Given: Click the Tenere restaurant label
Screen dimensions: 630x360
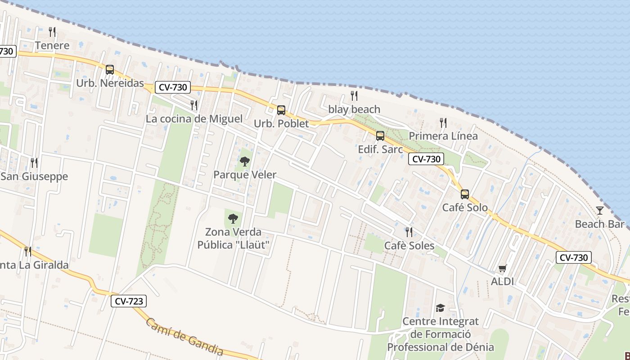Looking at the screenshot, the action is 52,45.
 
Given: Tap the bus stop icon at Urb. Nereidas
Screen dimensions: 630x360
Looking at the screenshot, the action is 110,70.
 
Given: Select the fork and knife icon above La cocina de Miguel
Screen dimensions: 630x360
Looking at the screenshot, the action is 194,105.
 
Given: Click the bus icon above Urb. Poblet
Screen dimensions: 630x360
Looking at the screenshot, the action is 281,110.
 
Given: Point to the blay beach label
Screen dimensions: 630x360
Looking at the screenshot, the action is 354,109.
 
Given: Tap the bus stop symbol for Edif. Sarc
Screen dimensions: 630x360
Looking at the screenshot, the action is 380,135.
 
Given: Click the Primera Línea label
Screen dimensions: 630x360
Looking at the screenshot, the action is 443,136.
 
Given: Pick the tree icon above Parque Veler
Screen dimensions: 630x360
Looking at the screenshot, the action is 245,161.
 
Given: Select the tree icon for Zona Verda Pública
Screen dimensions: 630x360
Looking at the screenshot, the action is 233,219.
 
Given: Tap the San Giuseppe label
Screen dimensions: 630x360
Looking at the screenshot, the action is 34,176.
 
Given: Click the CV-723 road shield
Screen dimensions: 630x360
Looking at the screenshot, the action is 129,301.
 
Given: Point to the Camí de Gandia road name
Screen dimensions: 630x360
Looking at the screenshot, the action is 184,337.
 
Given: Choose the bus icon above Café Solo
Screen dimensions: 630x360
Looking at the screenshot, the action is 465,194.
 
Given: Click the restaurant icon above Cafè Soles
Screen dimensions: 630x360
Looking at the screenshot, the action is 409,232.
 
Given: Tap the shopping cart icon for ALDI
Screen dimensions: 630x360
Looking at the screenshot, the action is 503,269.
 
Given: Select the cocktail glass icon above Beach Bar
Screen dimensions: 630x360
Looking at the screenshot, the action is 600,210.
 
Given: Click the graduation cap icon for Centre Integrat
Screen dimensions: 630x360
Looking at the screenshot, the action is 440,308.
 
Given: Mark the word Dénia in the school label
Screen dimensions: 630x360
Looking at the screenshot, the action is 478,347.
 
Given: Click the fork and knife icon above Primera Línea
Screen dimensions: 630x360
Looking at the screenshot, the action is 443,122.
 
